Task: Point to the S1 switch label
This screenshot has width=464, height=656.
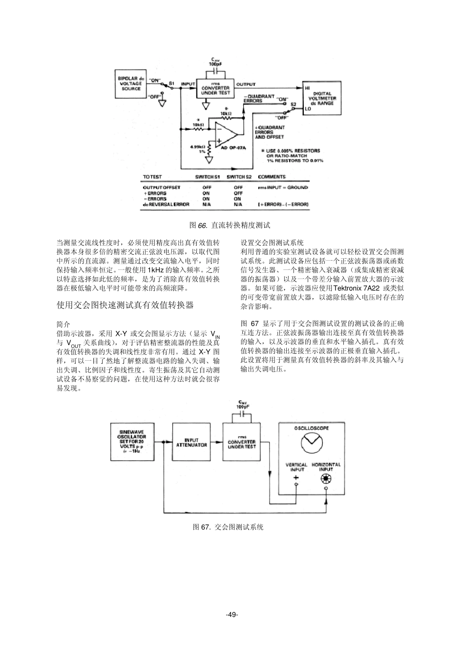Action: [x=171, y=83]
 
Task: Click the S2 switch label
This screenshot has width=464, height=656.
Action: [x=293, y=104]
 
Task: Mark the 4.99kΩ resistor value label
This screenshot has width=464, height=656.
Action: [x=197, y=145]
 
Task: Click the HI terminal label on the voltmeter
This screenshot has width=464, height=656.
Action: [x=307, y=88]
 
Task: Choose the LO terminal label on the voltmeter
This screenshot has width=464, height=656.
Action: [x=307, y=109]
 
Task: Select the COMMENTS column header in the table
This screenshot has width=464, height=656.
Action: [x=272, y=177]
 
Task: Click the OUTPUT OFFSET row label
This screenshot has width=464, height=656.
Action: [x=161, y=187]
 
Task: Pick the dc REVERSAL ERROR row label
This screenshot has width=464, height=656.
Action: [x=166, y=205]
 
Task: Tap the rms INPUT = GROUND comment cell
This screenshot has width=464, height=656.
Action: [x=283, y=187]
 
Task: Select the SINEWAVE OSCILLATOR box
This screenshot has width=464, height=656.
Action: [x=132, y=442]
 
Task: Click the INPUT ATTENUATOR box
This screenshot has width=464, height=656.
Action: [x=191, y=442]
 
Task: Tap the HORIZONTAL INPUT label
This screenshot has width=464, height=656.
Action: [x=326, y=467]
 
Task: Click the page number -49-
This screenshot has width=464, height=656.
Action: [x=232, y=615]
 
